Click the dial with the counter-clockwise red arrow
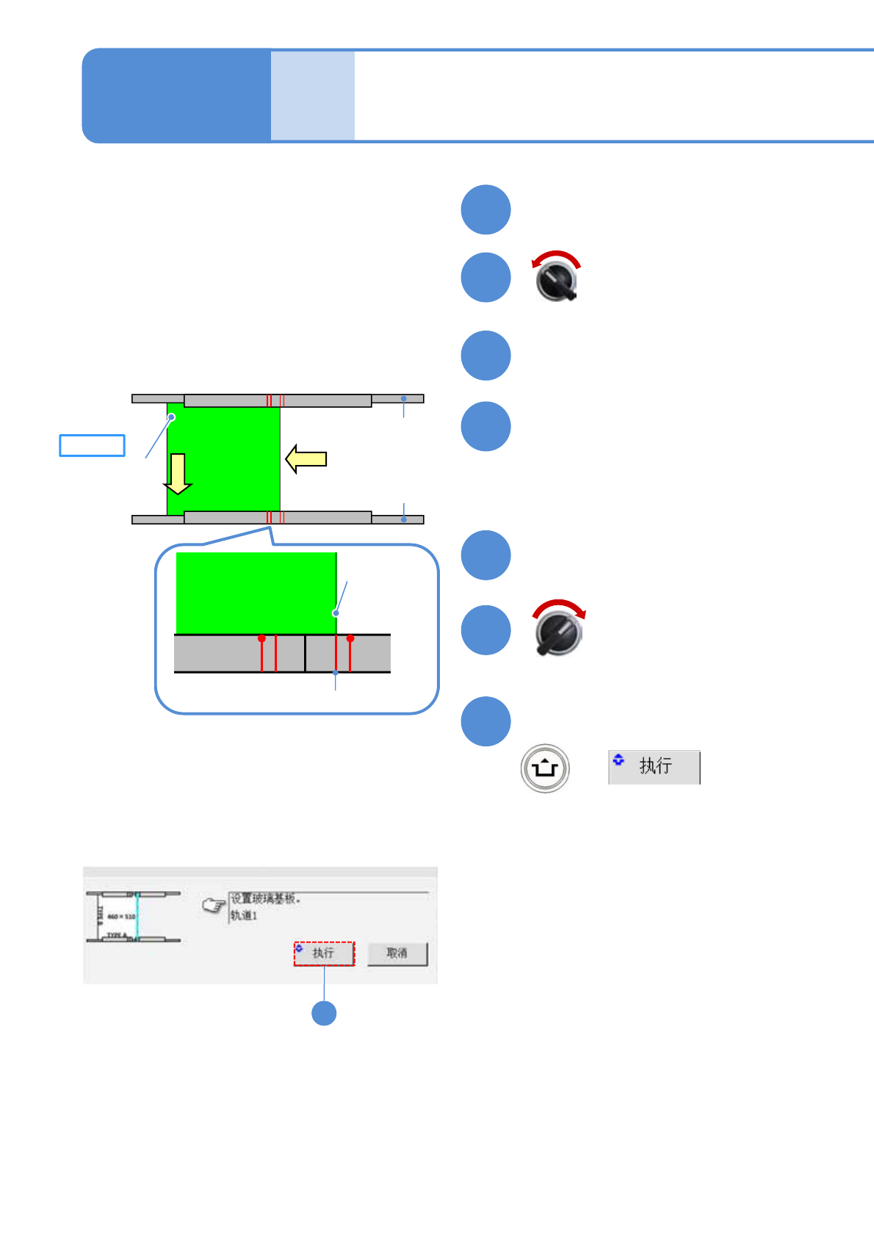click(x=557, y=280)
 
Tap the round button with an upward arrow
click(x=545, y=768)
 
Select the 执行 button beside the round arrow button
click(x=654, y=767)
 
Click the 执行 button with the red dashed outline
click(x=324, y=953)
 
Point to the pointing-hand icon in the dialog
click(x=214, y=906)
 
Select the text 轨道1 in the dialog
click(x=244, y=916)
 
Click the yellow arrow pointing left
click(x=306, y=459)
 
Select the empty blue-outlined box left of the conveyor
click(x=92, y=446)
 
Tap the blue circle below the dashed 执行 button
click(x=324, y=1013)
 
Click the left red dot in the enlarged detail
click(x=261, y=638)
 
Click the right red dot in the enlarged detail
click(x=350, y=638)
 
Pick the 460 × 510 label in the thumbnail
click(x=121, y=917)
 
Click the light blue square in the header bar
click(x=312, y=95)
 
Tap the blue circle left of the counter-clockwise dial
click(x=485, y=278)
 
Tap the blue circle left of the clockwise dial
click(x=485, y=630)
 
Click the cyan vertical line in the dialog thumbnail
click(x=137, y=917)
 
